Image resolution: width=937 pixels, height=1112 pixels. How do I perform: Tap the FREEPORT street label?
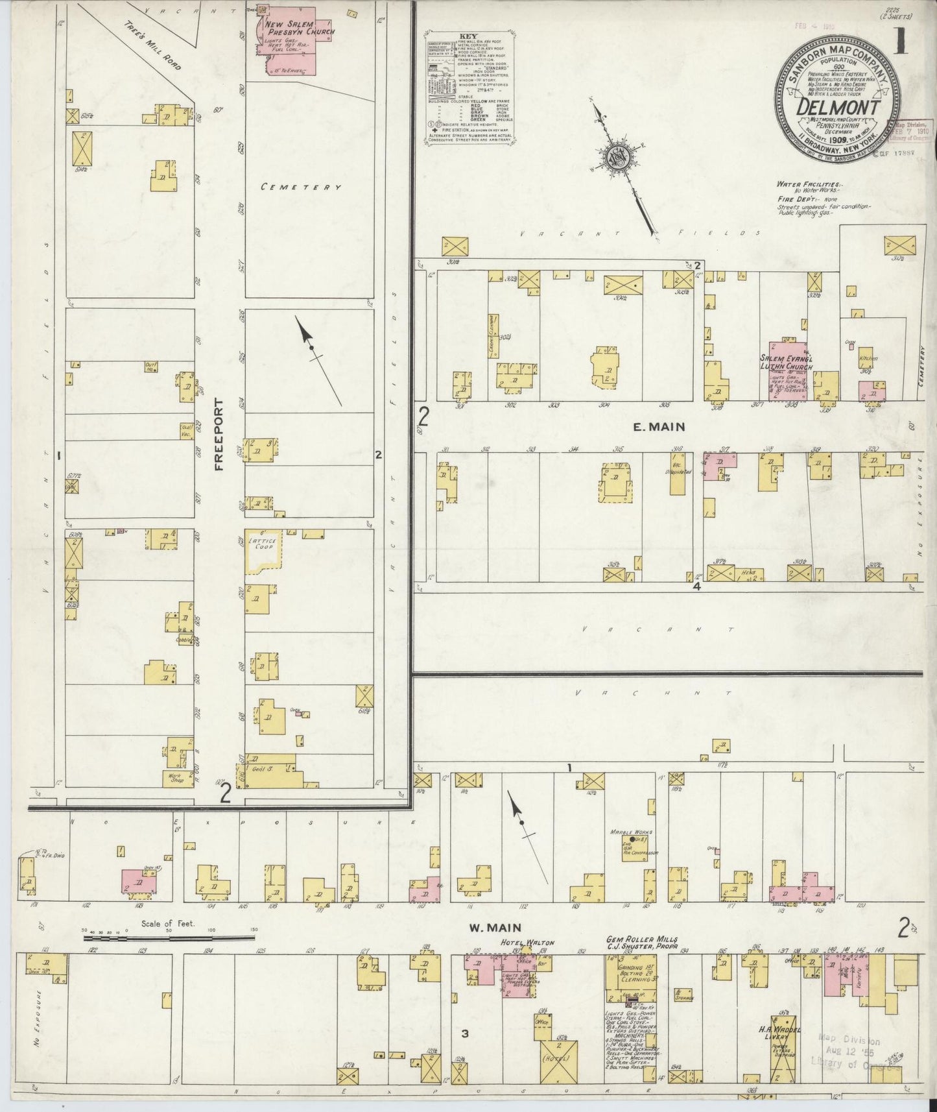[219, 434]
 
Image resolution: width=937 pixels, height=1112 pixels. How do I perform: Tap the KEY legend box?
[469, 87]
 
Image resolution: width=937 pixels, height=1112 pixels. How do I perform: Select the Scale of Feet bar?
[168, 937]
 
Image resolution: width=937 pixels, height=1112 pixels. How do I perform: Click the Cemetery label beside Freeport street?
[300, 187]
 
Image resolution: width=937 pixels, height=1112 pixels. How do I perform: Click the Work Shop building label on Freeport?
[174, 779]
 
